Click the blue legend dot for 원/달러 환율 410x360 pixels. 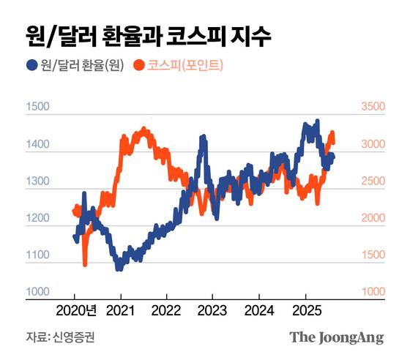[x=31, y=66]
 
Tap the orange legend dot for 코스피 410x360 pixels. [x=138, y=66]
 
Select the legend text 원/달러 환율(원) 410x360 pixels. [x=81, y=66]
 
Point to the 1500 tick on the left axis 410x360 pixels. [x=37, y=108]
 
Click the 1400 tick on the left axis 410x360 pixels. [x=37, y=145]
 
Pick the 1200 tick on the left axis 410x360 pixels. [x=37, y=219]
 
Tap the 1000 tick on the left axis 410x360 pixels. [x=37, y=292]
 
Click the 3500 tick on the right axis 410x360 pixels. [x=372, y=108]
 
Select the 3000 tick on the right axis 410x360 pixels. [x=372, y=145]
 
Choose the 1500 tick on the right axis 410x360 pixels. [x=372, y=255]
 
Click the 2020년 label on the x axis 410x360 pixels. [x=75, y=310]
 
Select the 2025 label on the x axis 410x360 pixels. [x=305, y=310]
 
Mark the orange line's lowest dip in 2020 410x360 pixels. [x=85, y=264]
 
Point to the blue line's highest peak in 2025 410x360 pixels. [x=317, y=121]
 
